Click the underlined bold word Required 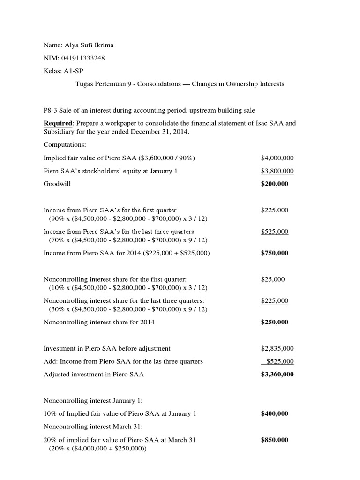58,123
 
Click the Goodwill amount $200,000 275,184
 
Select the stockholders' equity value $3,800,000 275,171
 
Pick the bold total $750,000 275,253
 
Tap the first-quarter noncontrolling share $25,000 273,279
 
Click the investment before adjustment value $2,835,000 277,348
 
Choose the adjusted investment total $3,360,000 277,375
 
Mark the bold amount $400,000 275,413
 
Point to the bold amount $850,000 275,440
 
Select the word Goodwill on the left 57,184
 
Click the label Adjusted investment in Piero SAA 94,375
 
